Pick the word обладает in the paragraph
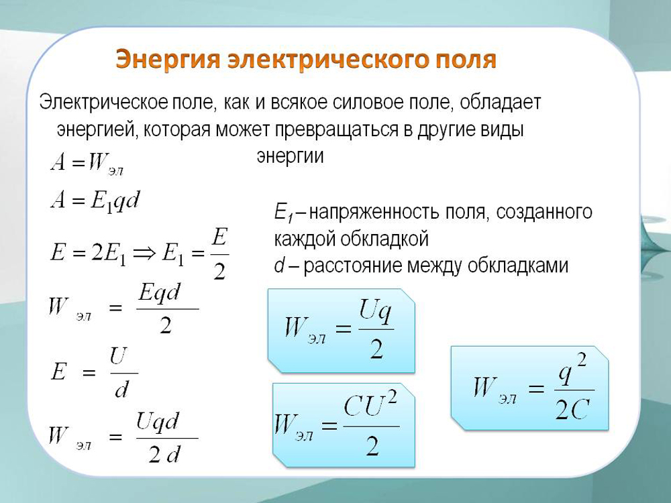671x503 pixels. (x=501, y=103)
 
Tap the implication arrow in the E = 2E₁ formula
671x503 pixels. (x=144, y=254)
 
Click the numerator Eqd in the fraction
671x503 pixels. (x=160, y=294)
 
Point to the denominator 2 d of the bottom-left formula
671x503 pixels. (x=165, y=454)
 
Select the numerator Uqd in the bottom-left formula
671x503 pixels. (x=157, y=422)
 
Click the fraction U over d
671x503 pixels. (x=121, y=373)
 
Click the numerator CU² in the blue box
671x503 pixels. (x=370, y=404)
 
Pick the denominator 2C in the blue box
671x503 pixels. (x=572, y=408)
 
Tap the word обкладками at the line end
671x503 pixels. (x=517, y=266)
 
